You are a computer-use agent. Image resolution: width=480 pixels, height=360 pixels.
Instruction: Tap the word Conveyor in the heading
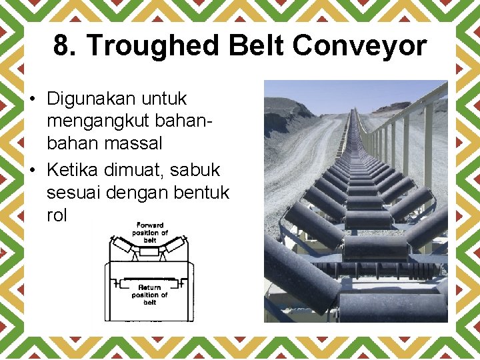coord(359,45)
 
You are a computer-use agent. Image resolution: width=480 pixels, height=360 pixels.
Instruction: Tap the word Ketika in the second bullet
coord(73,171)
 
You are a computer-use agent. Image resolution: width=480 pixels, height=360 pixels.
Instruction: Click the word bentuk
coord(200,193)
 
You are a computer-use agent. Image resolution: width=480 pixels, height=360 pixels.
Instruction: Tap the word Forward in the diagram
coord(150,225)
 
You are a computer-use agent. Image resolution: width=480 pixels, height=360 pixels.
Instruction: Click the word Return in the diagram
coord(149,287)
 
